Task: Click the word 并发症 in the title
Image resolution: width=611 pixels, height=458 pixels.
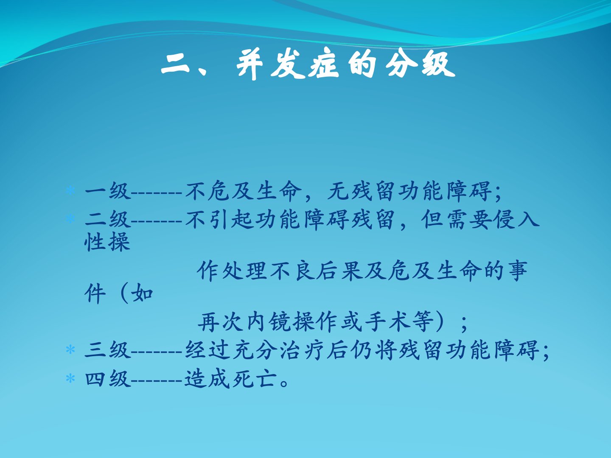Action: click(x=288, y=65)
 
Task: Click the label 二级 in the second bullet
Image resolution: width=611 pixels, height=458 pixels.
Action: click(x=108, y=219)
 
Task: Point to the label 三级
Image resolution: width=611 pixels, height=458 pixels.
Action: click(x=108, y=349)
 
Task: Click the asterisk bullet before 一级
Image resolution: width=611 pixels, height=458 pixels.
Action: click(x=70, y=190)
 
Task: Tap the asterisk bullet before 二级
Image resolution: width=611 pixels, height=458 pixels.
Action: click(x=70, y=219)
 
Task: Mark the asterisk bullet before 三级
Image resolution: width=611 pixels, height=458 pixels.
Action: click(x=70, y=349)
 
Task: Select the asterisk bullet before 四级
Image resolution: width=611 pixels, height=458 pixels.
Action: click(x=70, y=378)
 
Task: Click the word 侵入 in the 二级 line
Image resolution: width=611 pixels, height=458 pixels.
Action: click(x=516, y=219)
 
